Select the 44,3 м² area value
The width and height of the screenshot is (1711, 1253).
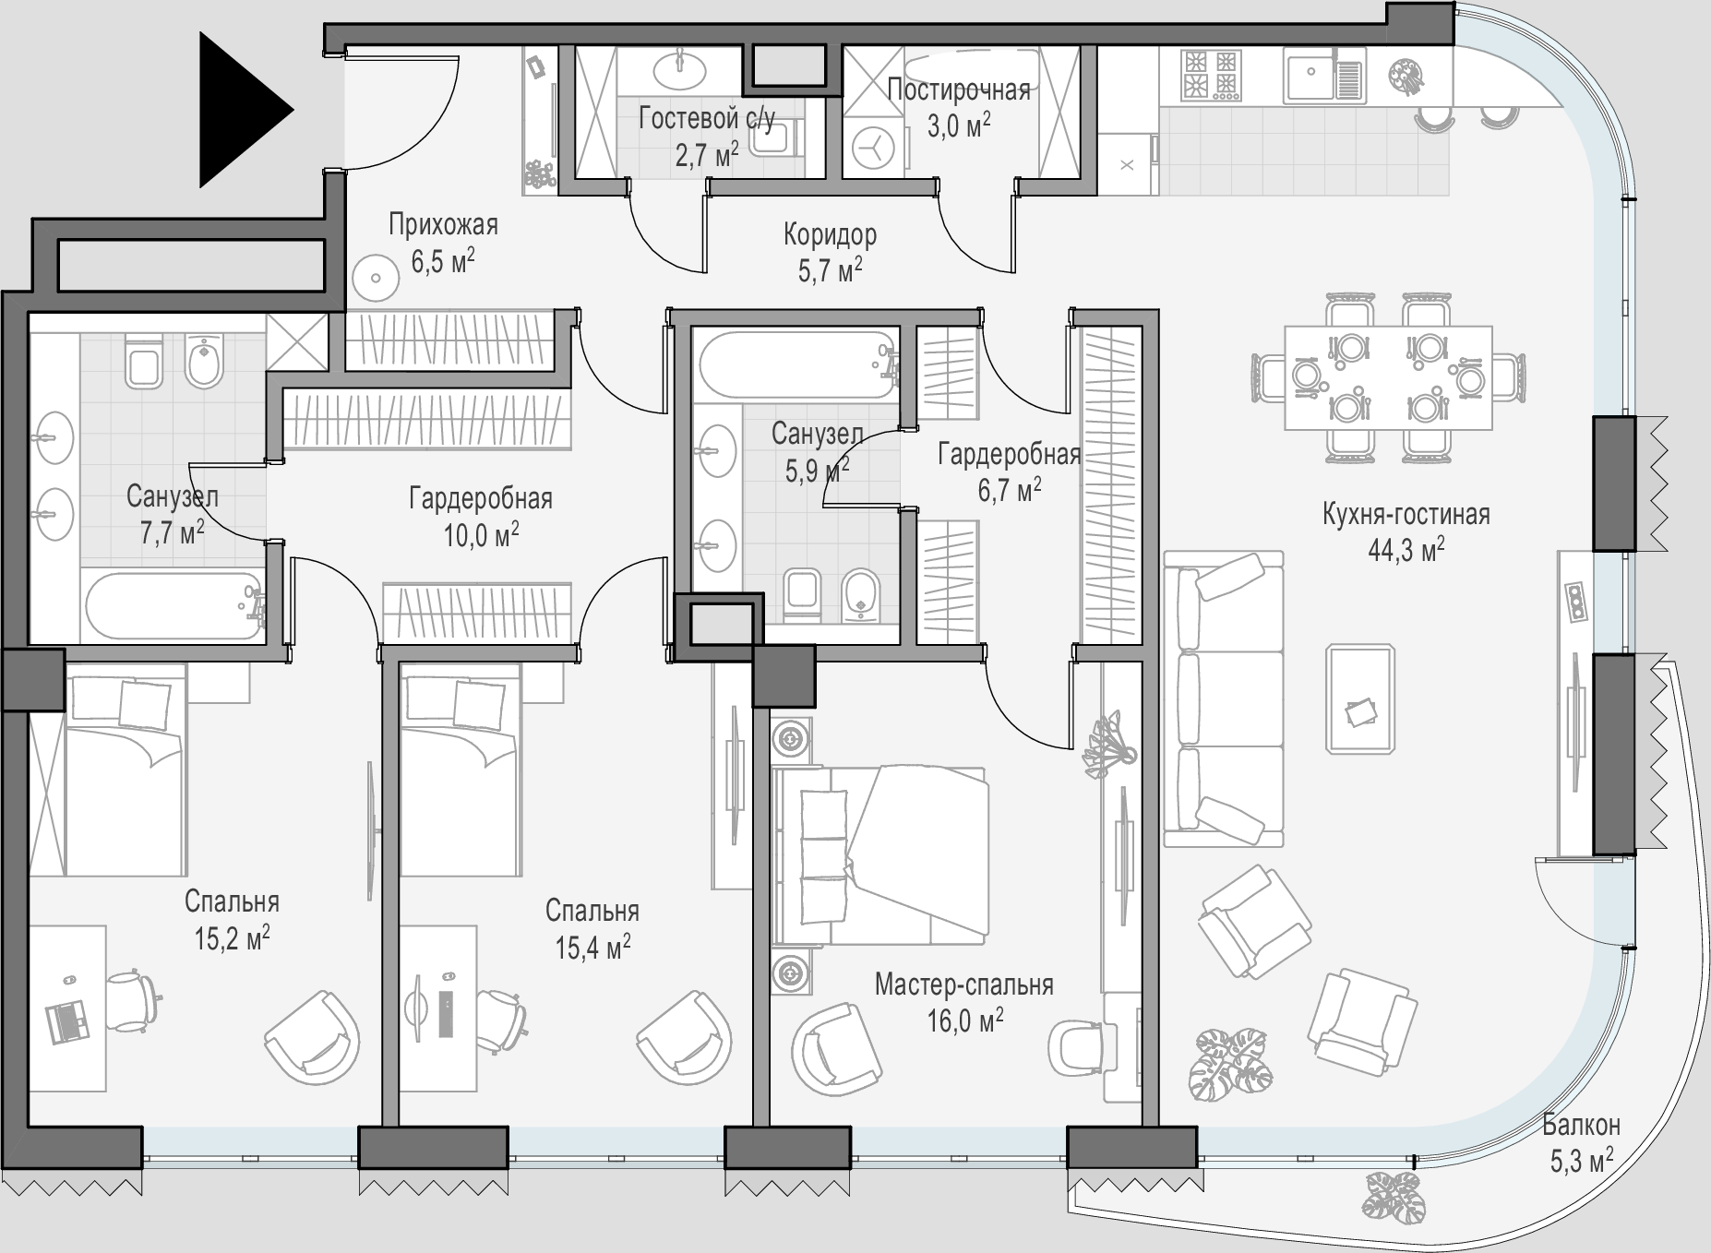[x=1406, y=551]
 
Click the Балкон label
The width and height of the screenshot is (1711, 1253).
[x=1581, y=1125]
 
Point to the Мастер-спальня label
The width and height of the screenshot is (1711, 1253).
[x=963, y=984]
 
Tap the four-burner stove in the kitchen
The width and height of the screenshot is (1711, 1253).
[x=1211, y=75]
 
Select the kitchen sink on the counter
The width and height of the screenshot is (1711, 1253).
[x=1322, y=75]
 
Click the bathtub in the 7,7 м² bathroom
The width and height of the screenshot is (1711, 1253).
[x=174, y=607]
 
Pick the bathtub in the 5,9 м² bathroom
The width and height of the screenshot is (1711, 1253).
[x=795, y=365]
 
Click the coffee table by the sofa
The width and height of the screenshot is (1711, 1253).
[x=1360, y=698]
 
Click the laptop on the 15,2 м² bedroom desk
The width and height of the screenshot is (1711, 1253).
[x=67, y=1019]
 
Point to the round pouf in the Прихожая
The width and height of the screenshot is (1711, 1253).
[x=376, y=278]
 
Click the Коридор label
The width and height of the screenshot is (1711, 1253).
[x=830, y=235]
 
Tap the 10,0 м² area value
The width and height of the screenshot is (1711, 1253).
[x=481, y=535]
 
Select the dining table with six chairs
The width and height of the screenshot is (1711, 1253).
[x=1388, y=377]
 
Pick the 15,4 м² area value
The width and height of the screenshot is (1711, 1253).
[x=592, y=947]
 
